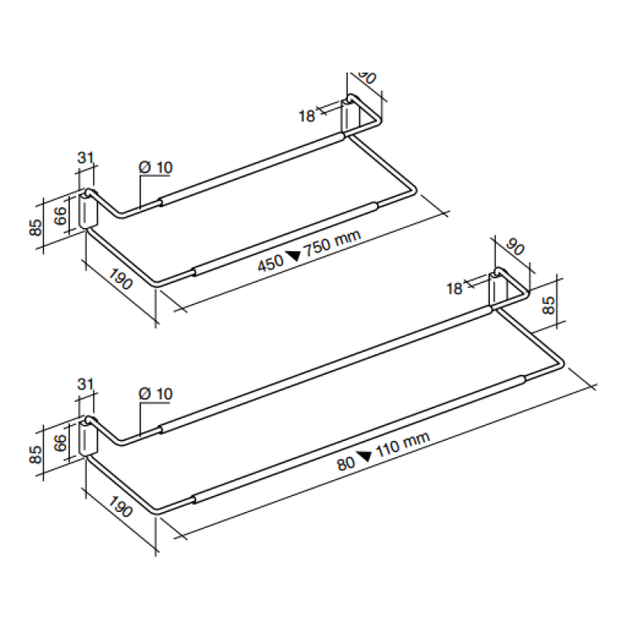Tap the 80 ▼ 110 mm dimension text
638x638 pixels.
[x=383, y=450]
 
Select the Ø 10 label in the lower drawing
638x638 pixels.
[x=155, y=394]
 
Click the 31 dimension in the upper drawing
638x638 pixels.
[x=86, y=157]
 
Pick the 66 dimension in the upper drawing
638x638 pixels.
[x=61, y=215]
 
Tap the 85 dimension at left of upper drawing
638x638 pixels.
[x=35, y=226]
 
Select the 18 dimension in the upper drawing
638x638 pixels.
[x=307, y=116]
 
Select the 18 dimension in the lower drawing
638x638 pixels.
[x=455, y=289]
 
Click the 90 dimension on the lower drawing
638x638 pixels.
[x=515, y=249]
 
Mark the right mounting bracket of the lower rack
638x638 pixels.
[x=498, y=289]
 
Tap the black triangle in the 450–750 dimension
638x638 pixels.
[x=293, y=256]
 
